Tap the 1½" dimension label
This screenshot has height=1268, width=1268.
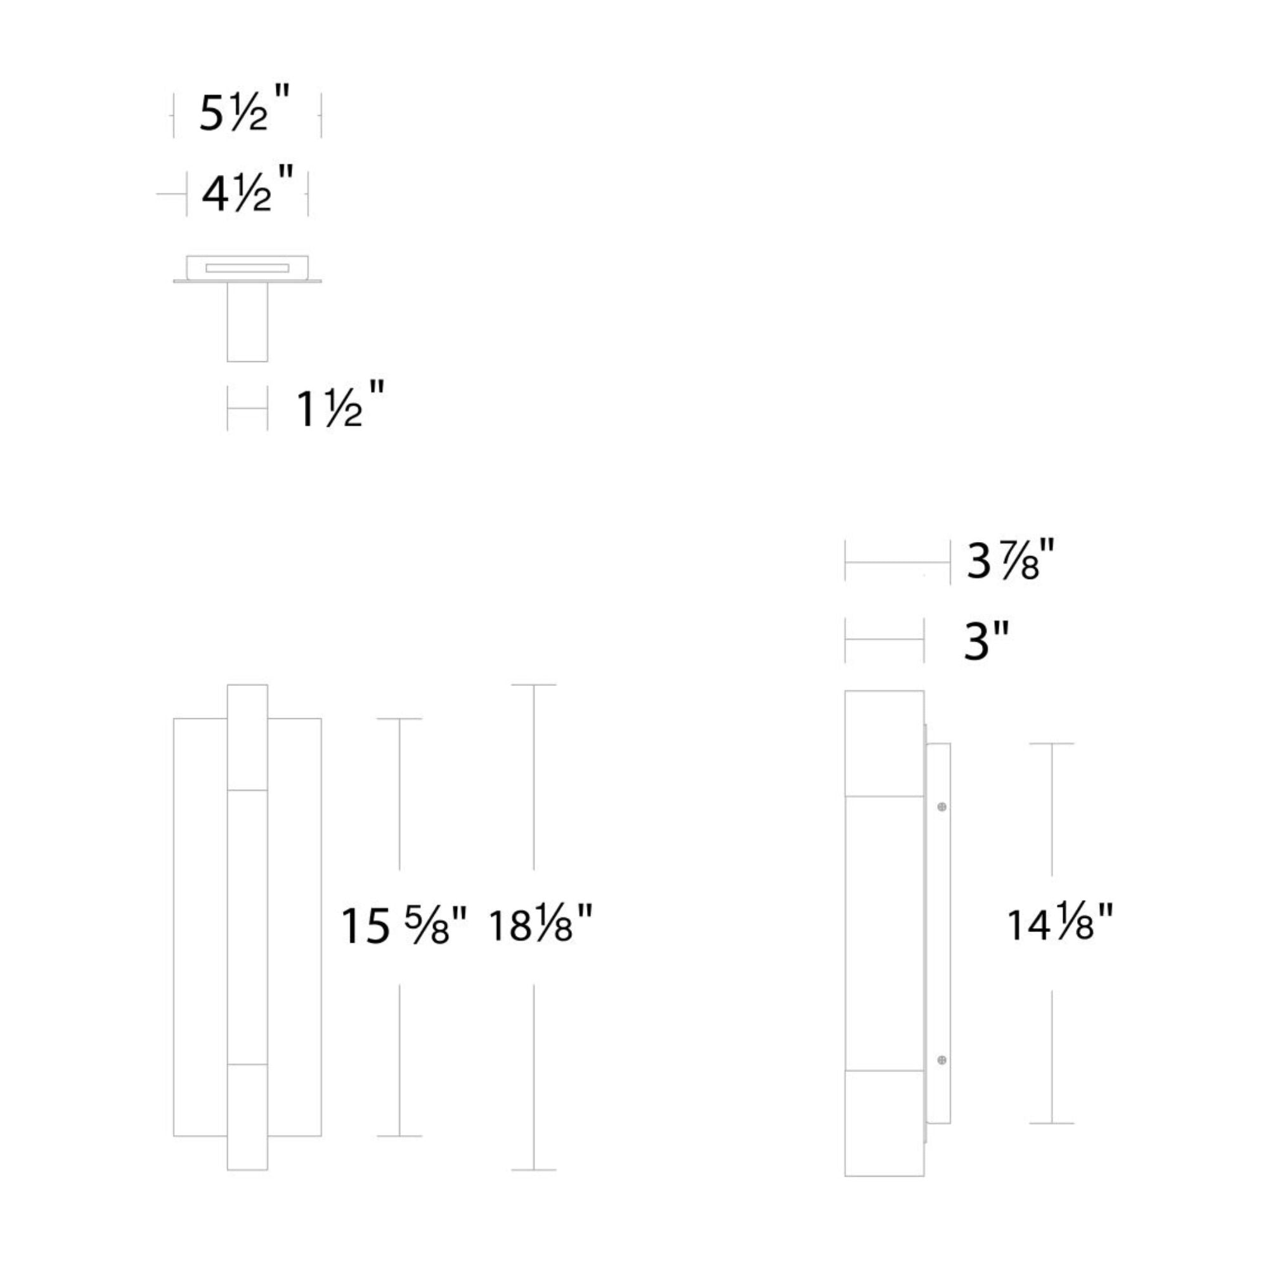point(339,404)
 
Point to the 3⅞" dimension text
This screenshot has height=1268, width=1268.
point(1011,560)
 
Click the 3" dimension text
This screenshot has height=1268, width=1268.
point(986,640)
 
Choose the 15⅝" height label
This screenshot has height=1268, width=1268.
point(404,926)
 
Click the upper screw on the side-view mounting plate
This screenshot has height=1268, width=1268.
point(942,806)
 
